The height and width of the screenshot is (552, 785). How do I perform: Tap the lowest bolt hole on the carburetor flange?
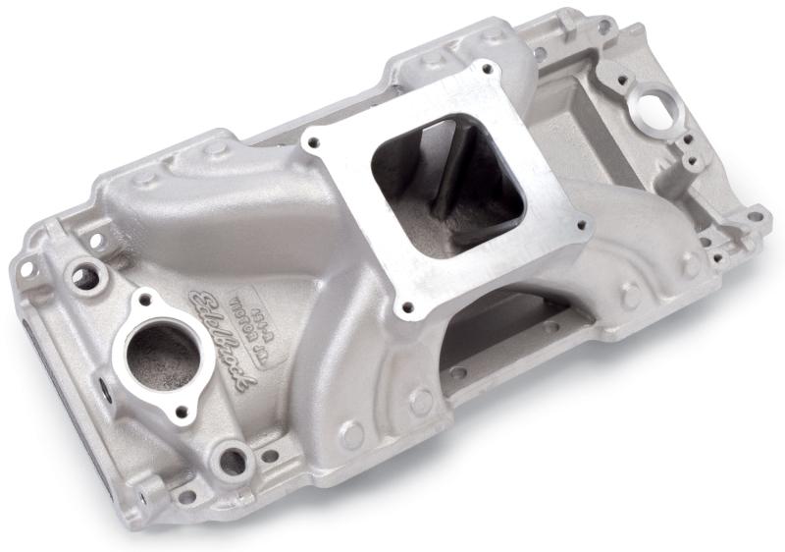[x=398, y=304]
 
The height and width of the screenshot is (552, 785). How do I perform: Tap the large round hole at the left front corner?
[x=83, y=278]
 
